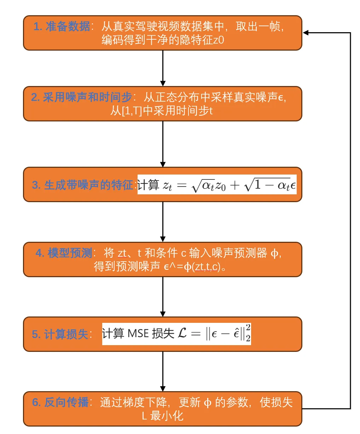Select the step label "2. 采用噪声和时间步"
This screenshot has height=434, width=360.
tap(81, 97)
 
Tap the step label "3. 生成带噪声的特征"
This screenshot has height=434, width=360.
tap(82, 185)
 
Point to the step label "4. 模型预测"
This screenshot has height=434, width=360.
tap(64, 253)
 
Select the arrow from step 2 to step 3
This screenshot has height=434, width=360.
tap(163, 144)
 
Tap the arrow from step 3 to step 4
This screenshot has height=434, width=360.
tap(163, 222)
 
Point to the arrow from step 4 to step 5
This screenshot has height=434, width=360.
tap(163, 297)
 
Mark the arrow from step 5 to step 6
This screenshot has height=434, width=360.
tap(163, 371)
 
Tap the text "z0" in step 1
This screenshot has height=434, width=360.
tap(219, 40)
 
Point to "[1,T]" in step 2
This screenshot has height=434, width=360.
tap(132, 111)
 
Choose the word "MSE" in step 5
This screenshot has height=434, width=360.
tap(138, 333)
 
